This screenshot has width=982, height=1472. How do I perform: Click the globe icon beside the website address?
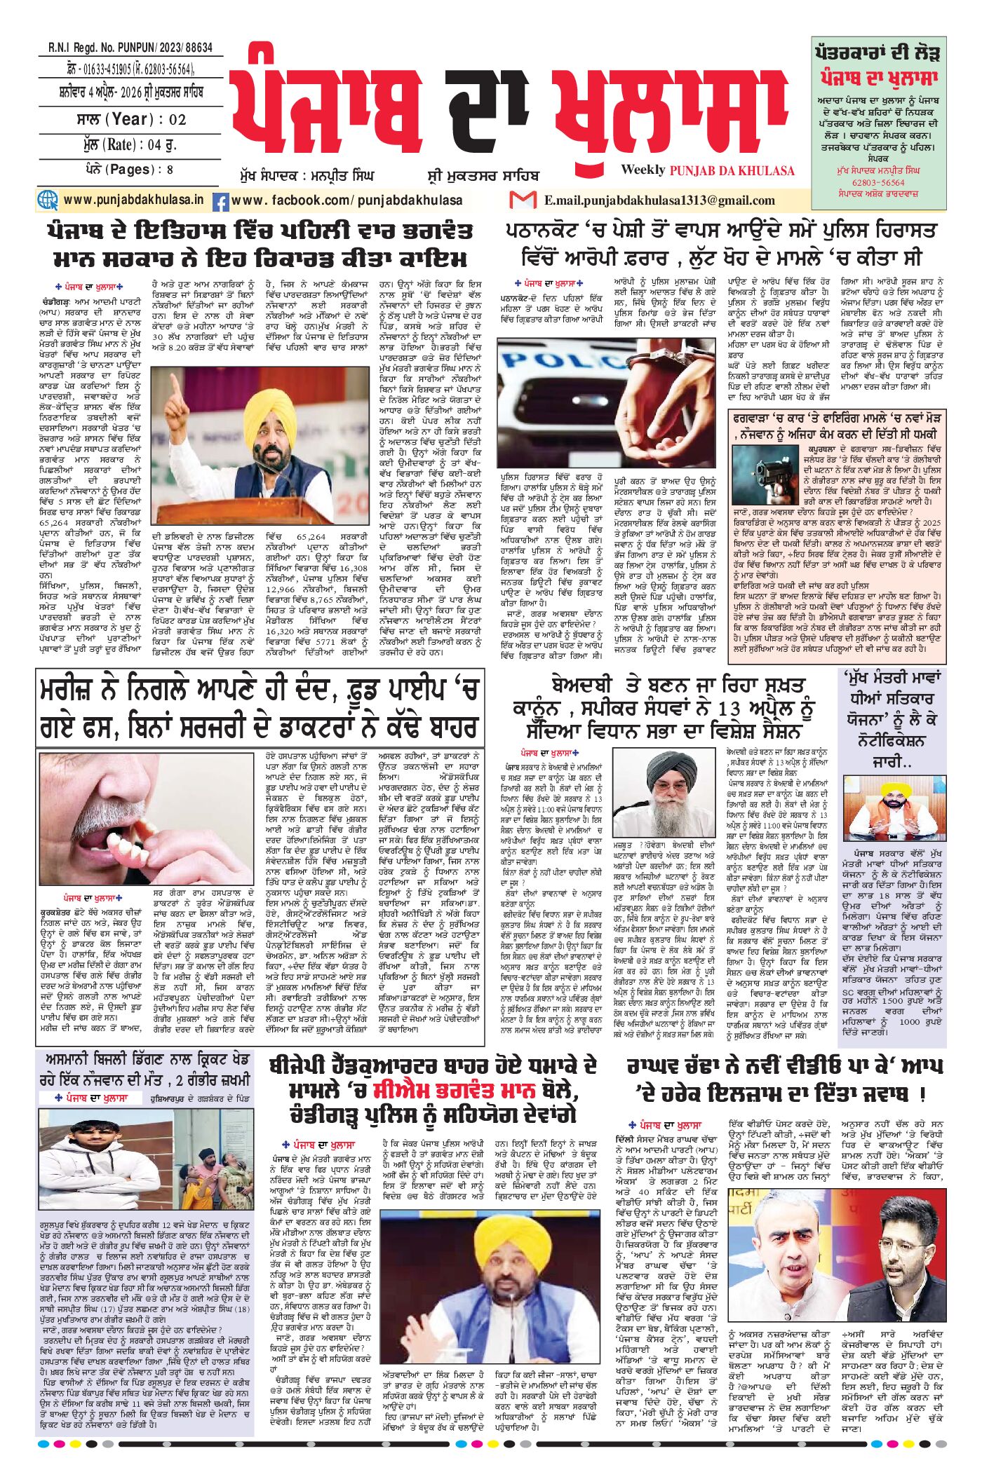[48, 200]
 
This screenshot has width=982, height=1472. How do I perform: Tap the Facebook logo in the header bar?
[220, 202]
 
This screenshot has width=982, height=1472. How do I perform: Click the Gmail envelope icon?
[523, 200]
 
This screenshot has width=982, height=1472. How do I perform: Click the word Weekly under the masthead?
[643, 170]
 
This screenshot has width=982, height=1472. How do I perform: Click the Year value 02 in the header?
[177, 120]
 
